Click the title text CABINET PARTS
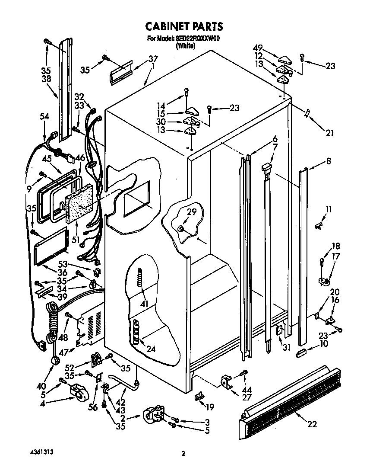[x=184, y=27]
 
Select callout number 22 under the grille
[x=311, y=424]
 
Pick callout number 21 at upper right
[x=330, y=133]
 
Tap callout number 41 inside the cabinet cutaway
[x=144, y=304]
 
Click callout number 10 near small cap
[x=324, y=344]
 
